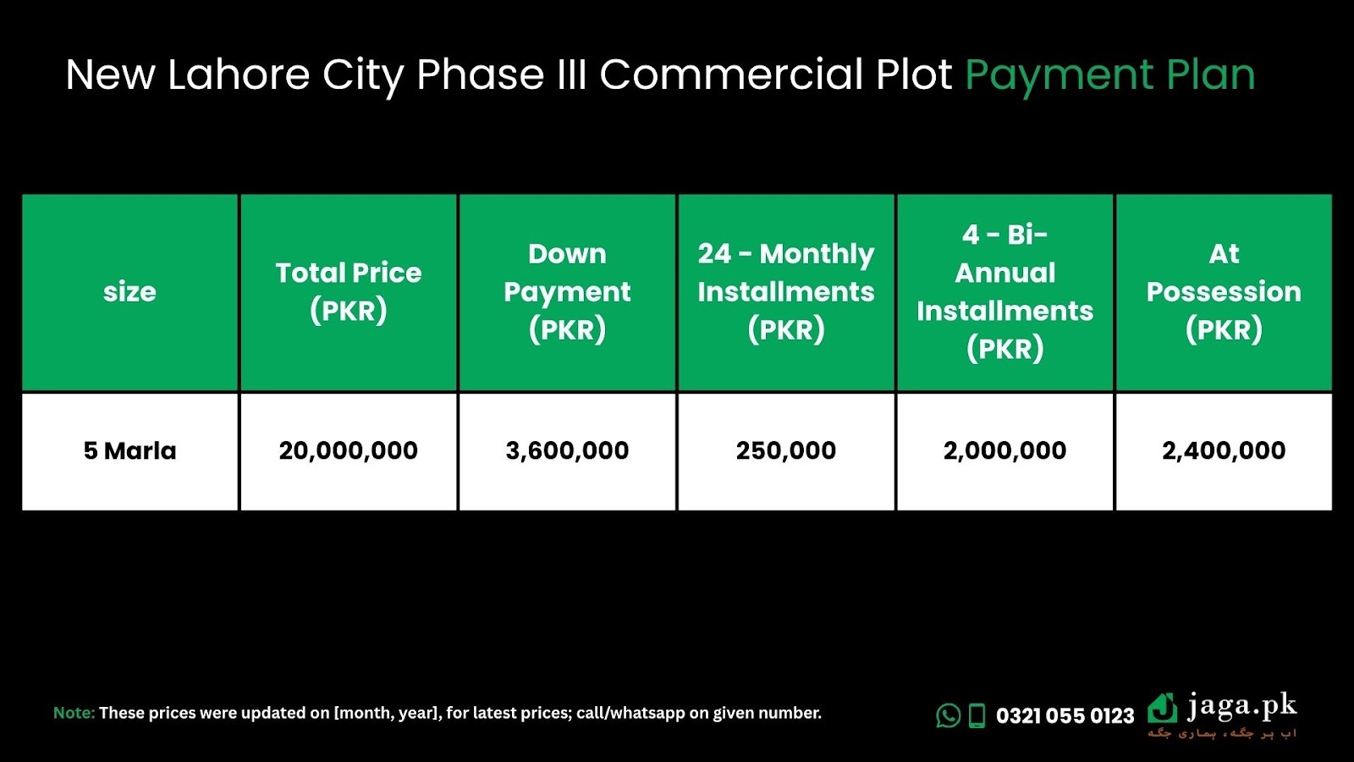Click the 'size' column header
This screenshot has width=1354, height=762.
coord(129,292)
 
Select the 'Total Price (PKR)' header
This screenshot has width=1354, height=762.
coord(348,292)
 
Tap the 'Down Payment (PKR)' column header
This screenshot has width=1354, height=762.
coord(567,292)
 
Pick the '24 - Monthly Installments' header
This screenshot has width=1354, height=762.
coord(786,292)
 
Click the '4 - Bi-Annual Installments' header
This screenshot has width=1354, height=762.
coord(1004,292)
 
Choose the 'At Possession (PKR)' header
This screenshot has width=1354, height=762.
coord(1224,292)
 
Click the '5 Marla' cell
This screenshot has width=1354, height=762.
coord(129,451)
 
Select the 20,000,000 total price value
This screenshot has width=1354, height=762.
coord(348,451)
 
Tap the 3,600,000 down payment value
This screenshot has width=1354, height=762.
coord(567,451)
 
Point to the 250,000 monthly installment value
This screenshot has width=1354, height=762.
coord(786,451)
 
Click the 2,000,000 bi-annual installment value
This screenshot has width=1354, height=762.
coord(1004,451)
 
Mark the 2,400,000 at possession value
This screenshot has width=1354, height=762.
coord(1224,451)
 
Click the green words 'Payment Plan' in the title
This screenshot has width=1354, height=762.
coord(1109,76)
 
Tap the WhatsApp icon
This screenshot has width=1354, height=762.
coord(948,715)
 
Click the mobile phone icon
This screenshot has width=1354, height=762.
coord(977,715)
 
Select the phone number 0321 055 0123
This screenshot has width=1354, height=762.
coord(1065,716)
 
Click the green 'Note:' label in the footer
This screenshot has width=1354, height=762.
coord(74,713)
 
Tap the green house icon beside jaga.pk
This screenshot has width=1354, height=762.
coord(1163,708)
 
